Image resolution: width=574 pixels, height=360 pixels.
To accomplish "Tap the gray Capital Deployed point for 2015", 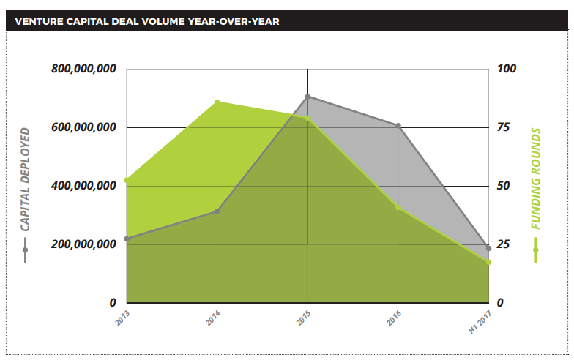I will point(307,97).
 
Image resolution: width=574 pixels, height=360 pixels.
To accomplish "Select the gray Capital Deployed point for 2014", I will point(217,211).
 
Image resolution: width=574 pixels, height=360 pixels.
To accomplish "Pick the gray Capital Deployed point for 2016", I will point(398,126).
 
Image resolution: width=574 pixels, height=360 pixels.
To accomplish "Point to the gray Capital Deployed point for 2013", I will point(127,239).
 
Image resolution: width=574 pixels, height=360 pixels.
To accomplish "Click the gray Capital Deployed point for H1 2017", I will point(488,248).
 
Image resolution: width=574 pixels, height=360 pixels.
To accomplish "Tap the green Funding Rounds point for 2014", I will point(217,102).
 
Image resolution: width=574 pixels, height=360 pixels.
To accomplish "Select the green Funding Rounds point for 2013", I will point(127,180).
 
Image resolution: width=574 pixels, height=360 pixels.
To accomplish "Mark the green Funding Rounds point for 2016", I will point(398,208).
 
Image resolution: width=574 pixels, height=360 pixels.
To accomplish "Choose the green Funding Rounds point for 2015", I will point(307,118).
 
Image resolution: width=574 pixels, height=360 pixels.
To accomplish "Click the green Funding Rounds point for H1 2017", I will point(488,262).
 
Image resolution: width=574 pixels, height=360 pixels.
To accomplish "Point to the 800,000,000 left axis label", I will point(84,70).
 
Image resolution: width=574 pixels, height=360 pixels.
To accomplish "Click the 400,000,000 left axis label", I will point(84,186).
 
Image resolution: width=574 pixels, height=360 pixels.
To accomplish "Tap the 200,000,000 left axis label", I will point(84,244).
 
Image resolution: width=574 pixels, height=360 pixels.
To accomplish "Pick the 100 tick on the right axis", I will point(507,70).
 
